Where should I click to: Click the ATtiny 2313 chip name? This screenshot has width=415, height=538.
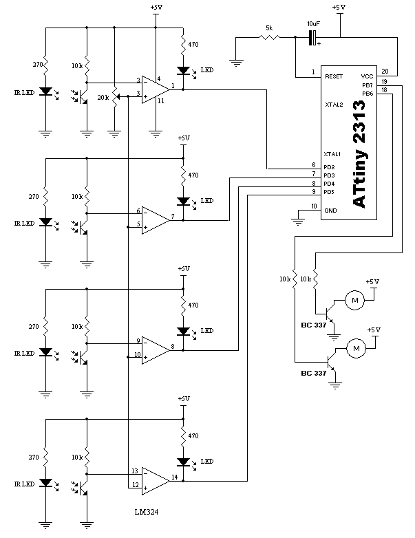359,154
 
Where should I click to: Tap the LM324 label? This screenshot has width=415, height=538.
147,512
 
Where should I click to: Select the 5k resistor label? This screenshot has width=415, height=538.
269,28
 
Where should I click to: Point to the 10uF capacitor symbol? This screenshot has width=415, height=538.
313,37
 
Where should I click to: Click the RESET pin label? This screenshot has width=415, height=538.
334,76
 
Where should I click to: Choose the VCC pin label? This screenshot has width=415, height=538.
367,76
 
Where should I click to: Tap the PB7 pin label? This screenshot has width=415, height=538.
368,85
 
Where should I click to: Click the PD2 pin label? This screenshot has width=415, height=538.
329,167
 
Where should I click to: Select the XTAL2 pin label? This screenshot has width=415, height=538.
334,105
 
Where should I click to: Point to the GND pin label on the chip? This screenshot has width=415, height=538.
330,211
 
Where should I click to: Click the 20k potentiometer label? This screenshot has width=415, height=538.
103,98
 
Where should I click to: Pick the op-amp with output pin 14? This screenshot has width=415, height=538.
156,481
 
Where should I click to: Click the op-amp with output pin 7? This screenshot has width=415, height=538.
156,220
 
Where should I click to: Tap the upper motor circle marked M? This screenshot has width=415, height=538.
355,300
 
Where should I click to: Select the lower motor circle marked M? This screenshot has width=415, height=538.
356,349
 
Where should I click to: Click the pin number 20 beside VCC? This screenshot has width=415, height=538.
385,72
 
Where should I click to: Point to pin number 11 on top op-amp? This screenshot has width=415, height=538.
160,101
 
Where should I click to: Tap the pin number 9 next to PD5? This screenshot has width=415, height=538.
314,191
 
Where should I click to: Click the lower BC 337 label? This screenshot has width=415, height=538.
313,374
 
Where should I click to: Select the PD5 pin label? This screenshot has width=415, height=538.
329,192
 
